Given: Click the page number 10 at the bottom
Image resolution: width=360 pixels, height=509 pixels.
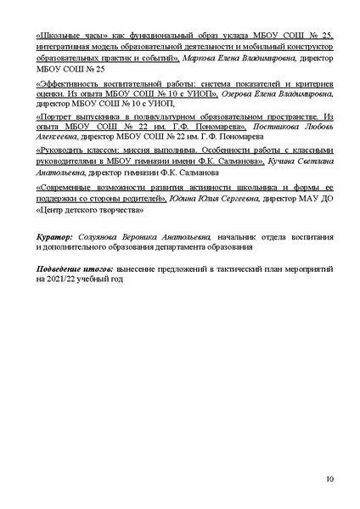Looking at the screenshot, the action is click(x=329, y=479).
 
